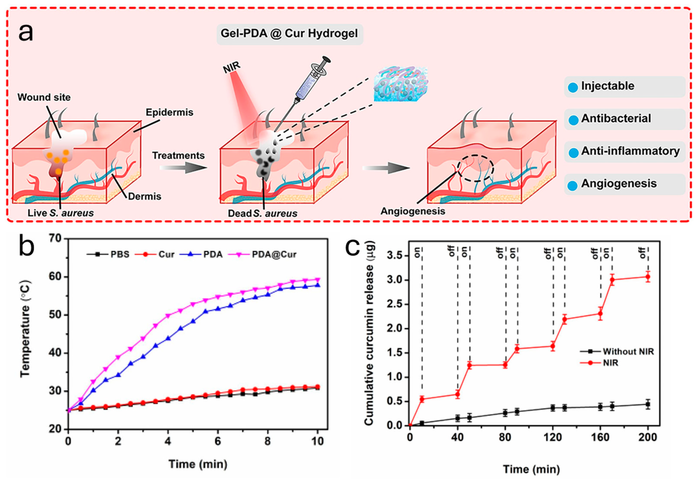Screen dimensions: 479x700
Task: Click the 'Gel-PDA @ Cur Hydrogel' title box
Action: (289, 34)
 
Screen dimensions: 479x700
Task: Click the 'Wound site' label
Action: (44, 97)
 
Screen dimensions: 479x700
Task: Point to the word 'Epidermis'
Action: (169, 112)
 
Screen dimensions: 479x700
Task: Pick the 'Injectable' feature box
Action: (624, 86)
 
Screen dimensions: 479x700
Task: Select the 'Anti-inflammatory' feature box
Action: (624, 151)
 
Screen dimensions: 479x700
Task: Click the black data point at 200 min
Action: (648, 405)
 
